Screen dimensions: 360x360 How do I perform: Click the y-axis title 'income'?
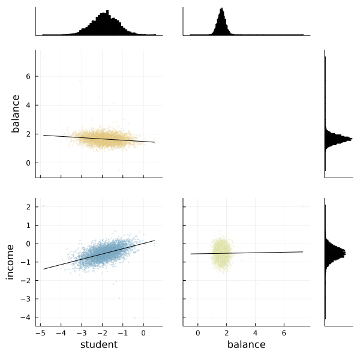point(10,262)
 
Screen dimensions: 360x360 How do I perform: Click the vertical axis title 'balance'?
point(16,113)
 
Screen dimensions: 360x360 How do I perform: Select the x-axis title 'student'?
point(98,344)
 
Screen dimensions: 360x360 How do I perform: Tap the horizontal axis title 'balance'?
point(246,344)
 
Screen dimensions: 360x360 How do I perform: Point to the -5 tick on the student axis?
point(41,332)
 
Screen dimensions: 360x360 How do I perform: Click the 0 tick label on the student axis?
point(143,332)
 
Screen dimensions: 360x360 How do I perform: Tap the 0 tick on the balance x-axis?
point(197,332)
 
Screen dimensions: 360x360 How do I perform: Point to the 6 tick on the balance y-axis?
point(28,76)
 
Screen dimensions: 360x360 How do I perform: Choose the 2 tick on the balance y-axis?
point(28,134)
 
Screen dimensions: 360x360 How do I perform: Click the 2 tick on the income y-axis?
point(28,207)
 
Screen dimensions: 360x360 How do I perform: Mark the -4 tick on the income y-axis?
point(26,317)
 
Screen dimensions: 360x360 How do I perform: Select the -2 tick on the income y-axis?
point(26,280)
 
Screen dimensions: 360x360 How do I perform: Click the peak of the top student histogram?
point(107,11)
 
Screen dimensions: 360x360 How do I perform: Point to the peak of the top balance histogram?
point(221,9)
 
